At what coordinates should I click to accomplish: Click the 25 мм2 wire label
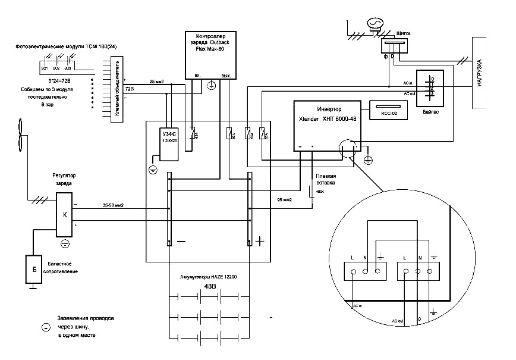coord(156,82)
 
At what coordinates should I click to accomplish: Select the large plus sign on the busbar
coord(260,242)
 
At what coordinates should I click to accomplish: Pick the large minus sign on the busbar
coord(181,242)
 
